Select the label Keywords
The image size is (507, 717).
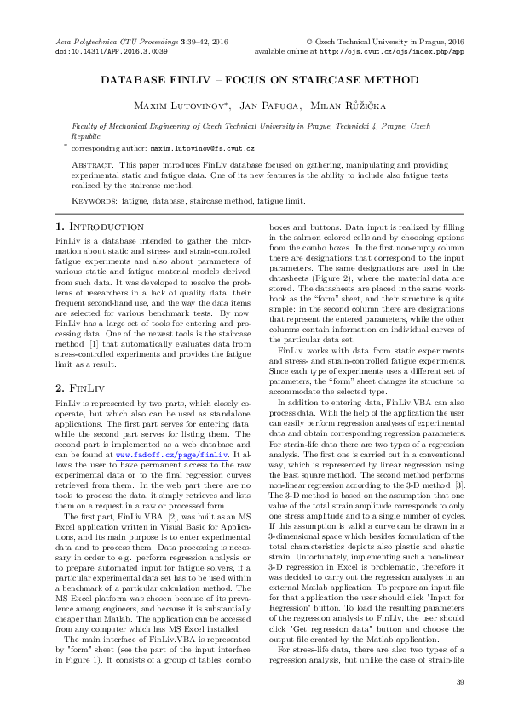tap(95, 201)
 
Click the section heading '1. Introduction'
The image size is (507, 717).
tap(99, 227)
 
